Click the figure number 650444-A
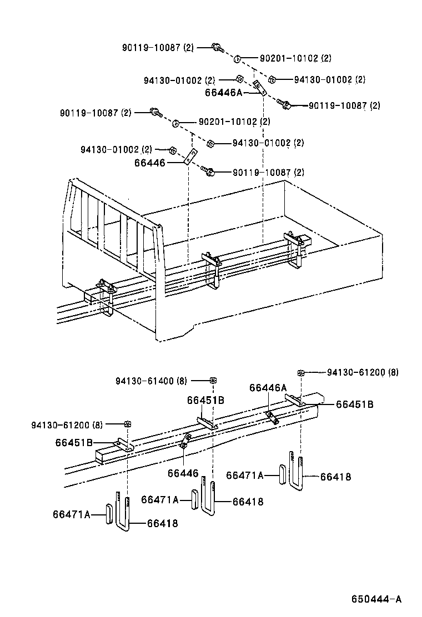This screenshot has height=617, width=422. click(x=375, y=599)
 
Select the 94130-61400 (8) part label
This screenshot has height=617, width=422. click(x=152, y=381)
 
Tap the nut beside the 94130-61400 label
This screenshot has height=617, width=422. click(x=213, y=381)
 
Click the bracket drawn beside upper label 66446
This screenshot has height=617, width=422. click(x=190, y=157)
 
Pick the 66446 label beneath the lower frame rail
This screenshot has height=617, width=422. click(x=182, y=473)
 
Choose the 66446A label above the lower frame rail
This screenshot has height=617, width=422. click(x=268, y=388)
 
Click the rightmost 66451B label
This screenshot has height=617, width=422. click(x=354, y=404)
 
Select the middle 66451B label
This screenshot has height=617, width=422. click(x=205, y=400)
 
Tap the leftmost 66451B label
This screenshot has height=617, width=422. click(x=73, y=442)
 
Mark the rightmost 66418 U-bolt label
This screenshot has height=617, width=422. click(x=335, y=476)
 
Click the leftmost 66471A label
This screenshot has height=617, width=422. click(x=71, y=514)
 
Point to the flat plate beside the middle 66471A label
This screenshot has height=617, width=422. click(x=194, y=499)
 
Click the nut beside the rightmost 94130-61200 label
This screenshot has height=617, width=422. click(x=301, y=372)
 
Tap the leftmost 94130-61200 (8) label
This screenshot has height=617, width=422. click(x=67, y=425)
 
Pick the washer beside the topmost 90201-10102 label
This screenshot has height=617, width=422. click(x=237, y=58)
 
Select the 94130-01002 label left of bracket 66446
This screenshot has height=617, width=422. click(x=115, y=149)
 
